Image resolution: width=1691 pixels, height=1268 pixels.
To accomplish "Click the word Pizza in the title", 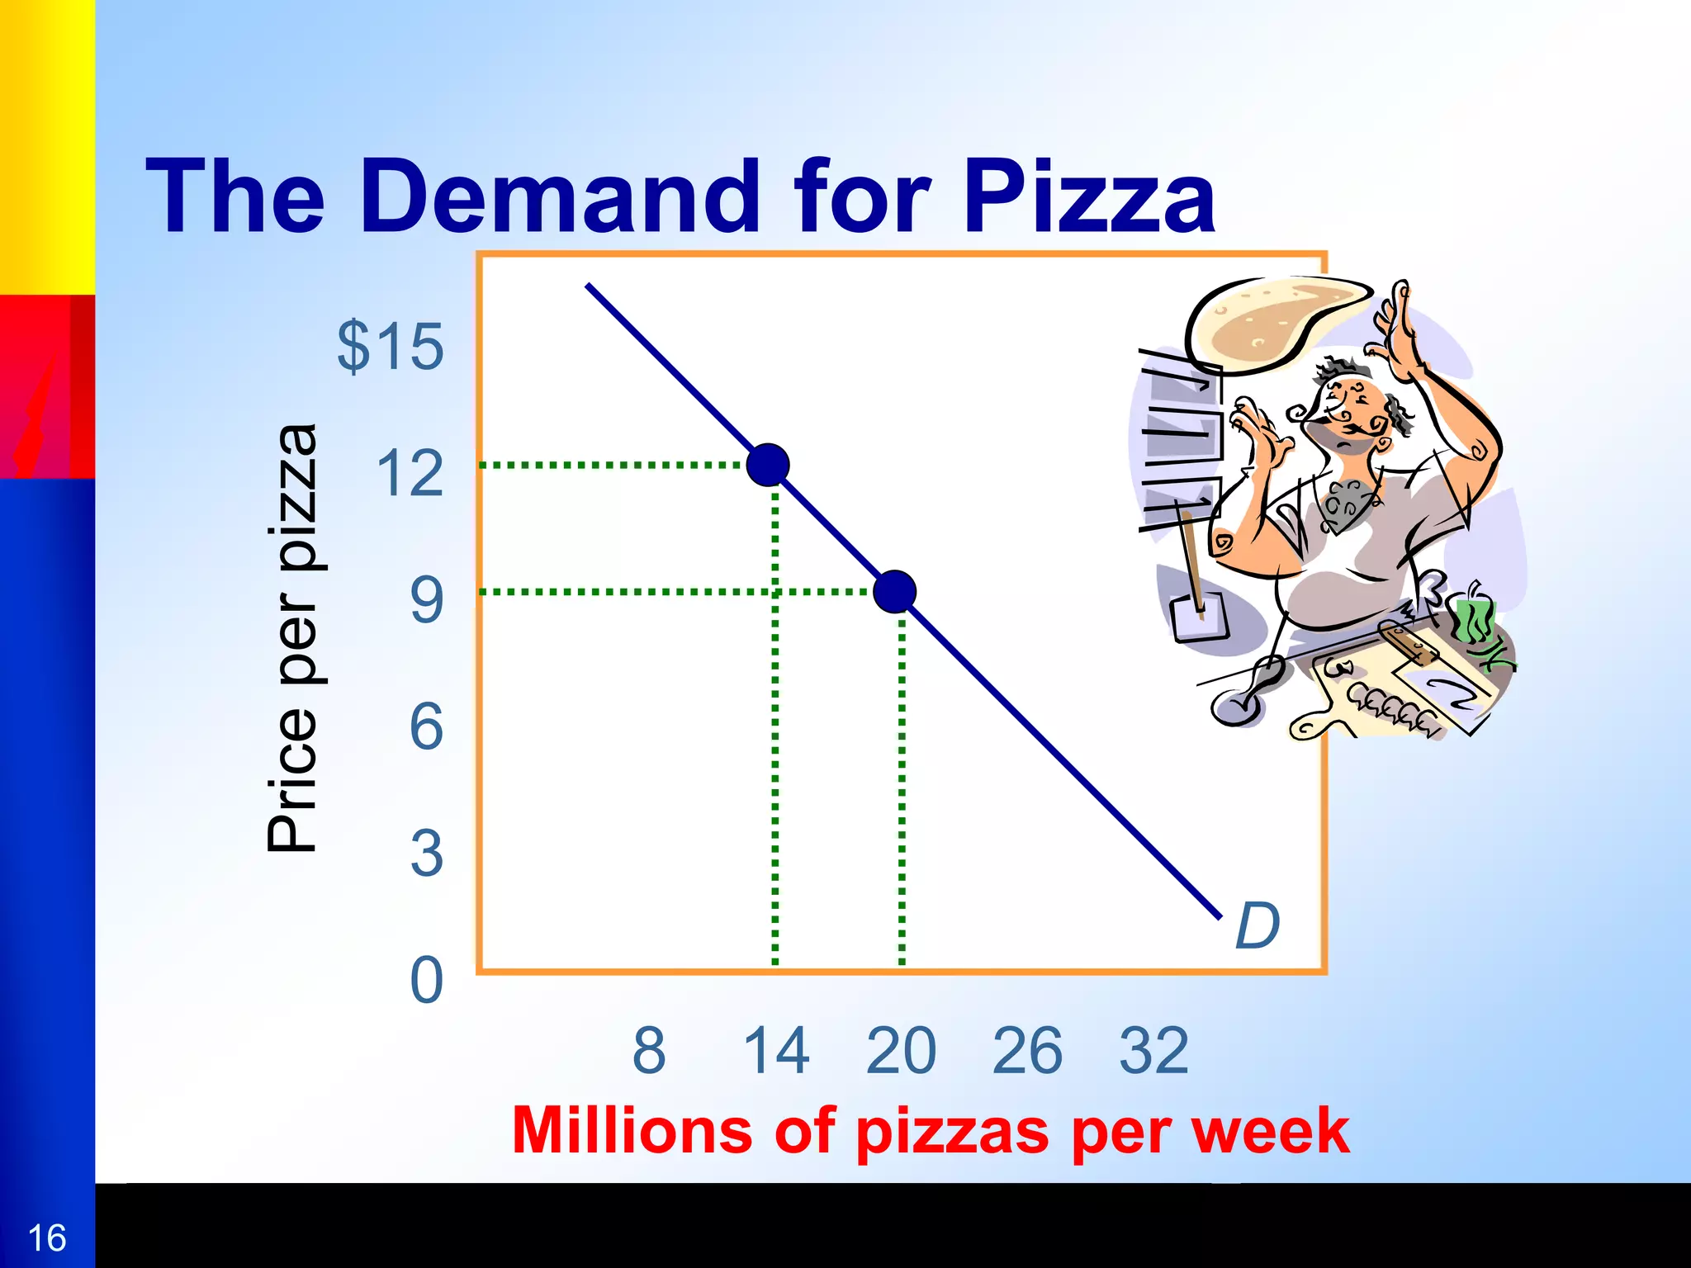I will (1088, 198).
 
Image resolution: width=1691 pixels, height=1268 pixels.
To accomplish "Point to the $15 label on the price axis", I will (391, 347).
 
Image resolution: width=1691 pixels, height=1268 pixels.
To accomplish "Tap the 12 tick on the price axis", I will (410, 474).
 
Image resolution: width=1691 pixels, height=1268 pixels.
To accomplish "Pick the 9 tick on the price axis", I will (426, 600).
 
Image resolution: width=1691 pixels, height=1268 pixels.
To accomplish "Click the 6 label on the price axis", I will (426, 727).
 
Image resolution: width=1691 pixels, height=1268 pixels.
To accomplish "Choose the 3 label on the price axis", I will (426, 854).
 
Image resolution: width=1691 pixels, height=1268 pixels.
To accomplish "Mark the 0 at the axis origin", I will (426, 981).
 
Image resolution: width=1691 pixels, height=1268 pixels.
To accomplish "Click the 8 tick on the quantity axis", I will (649, 1050).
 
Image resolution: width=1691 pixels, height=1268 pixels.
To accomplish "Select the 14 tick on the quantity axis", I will (776, 1050).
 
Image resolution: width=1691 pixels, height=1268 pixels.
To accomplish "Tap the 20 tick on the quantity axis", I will (902, 1050).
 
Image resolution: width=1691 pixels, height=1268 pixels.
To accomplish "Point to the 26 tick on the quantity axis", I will (1028, 1050).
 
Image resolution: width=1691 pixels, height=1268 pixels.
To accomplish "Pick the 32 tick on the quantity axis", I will (1154, 1050).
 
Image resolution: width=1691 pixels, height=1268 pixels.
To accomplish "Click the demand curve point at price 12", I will (768, 465).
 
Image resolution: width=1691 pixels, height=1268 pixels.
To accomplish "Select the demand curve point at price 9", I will (894, 591).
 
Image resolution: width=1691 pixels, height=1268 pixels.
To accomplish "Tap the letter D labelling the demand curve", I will (1257, 925).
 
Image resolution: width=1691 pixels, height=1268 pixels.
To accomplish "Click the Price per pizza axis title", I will (292, 637).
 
